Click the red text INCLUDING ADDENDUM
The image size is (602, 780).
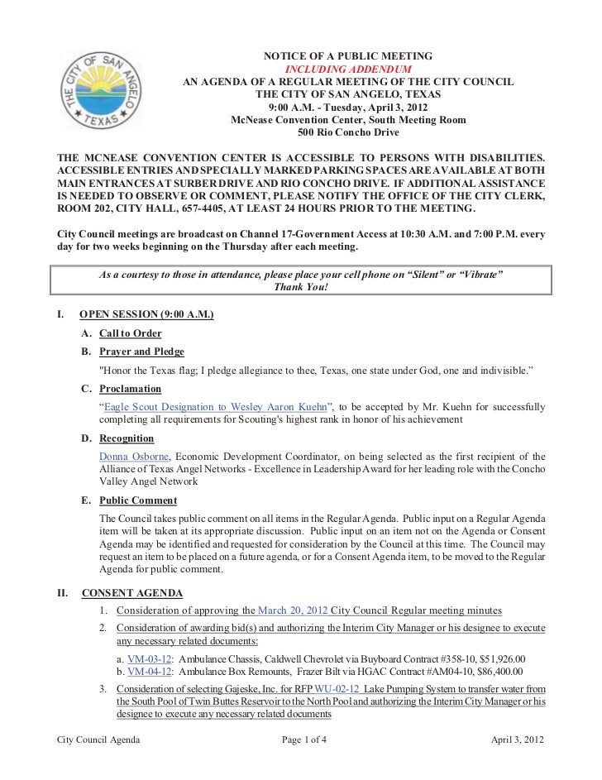click(x=347, y=69)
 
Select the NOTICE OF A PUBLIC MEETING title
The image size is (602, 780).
click(x=347, y=56)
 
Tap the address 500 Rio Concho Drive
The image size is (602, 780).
click(x=347, y=132)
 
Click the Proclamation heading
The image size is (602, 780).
click(x=130, y=388)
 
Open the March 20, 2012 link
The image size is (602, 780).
click(x=292, y=611)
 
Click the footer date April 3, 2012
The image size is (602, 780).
click(x=518, y=738)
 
